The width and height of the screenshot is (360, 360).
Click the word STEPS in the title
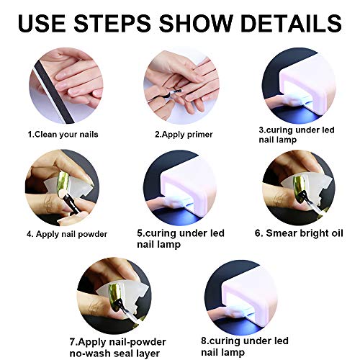(112, 23)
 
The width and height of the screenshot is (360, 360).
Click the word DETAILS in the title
(291, 23)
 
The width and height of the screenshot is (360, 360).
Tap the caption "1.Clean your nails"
(63, 135)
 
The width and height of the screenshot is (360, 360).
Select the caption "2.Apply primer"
(184, 135)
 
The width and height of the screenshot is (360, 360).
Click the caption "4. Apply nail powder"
(67, 234)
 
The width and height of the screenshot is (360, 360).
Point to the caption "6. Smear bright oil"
(299, 233)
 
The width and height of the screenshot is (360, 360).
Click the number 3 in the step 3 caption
(261, 130)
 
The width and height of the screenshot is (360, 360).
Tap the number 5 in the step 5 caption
(140, 233)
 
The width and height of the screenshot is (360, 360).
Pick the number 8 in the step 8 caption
(204, 341)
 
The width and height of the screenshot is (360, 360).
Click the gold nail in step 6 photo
(298, 186)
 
